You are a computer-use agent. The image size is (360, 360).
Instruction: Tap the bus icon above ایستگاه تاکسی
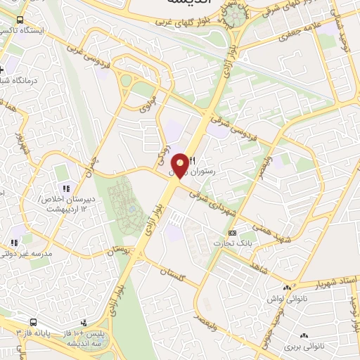18,20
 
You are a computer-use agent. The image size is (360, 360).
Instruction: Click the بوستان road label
119,250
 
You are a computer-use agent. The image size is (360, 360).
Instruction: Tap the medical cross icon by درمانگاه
4,71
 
